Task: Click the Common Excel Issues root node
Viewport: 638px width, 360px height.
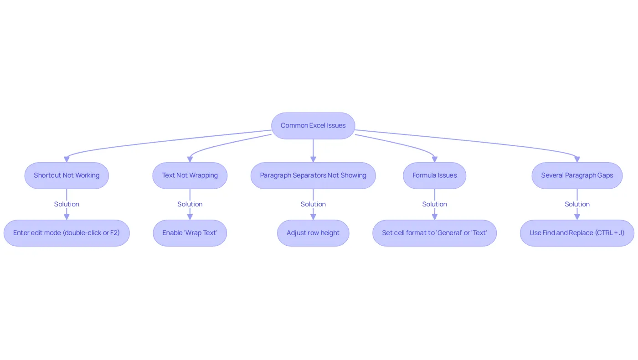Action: [313, 126]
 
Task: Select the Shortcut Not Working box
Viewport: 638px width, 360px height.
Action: [67, 175]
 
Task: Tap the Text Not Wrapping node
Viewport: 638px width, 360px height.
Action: [190, 175]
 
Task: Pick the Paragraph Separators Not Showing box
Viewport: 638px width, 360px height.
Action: [313, 175]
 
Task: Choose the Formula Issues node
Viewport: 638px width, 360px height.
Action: [435, 175]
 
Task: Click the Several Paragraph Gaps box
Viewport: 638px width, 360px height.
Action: [577, 175]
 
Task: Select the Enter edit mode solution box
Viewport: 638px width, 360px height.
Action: [67, 233]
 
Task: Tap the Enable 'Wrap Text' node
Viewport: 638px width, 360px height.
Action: [190, 233]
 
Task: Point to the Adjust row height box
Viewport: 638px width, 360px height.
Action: [313, 233]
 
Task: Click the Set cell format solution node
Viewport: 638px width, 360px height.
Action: [435, 233]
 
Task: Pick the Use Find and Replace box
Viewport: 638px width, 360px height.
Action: [577, 233]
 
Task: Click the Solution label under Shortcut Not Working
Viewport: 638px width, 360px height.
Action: [67, 204]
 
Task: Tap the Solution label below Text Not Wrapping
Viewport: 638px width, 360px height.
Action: [190, 204]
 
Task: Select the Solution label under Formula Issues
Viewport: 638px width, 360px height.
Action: [435, 204]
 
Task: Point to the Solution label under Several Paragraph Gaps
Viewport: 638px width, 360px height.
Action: [577, 204]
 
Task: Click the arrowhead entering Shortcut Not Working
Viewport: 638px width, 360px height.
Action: [67, 159]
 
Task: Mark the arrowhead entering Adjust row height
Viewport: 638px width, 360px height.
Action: [313, 217]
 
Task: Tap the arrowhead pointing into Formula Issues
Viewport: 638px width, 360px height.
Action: [435, 159]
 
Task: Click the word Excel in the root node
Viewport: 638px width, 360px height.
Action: [317, 126]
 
